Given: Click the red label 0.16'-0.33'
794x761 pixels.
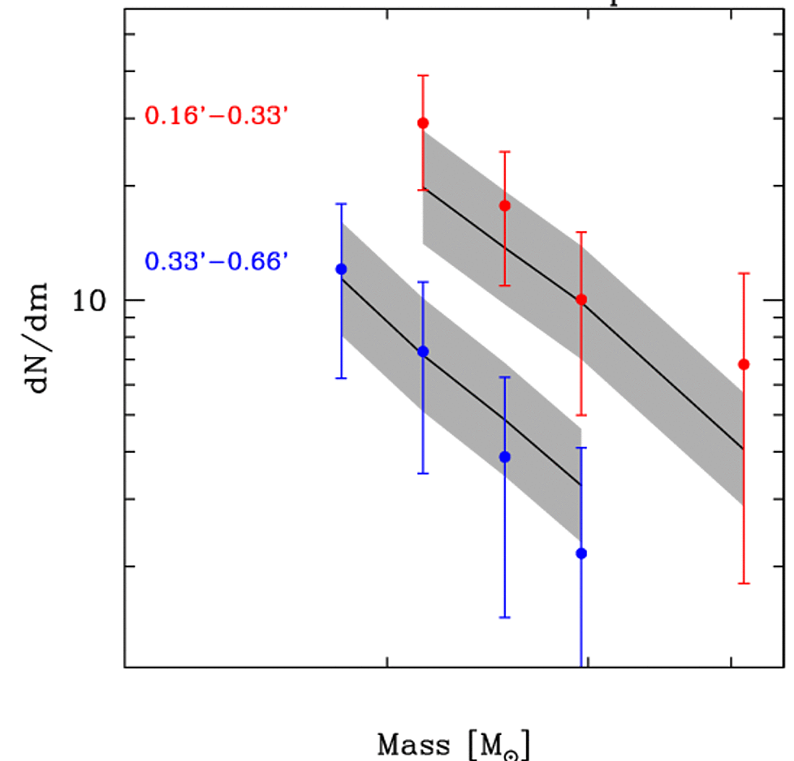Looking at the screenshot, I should coord(217,116).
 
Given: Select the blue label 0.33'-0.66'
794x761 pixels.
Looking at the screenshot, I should coord(217,262).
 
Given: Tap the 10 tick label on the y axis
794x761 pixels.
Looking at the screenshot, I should coord(91,301).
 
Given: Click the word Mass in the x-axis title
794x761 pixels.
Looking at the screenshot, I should coord(413,744).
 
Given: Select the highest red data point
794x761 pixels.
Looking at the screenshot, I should coord(423,123).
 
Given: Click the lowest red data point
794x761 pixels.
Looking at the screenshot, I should coord(744,364).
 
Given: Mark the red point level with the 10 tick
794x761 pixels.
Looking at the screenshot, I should coord(581,299).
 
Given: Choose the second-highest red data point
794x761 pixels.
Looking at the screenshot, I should coord(505,206).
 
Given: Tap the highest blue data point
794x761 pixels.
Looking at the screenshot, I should coord(342,269).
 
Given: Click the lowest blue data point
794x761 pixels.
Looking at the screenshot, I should coord(581,553).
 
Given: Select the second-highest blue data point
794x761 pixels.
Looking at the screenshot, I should coord(423,351).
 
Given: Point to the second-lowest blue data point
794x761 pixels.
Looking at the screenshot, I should coord(505,457).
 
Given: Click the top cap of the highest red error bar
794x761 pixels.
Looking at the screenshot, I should coord(423,75).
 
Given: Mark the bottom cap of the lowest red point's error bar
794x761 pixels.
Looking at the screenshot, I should coord(744,583).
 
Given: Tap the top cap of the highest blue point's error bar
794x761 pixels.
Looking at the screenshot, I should coord(342,204).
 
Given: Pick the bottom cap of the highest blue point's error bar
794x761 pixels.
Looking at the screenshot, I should coord(342,378).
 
